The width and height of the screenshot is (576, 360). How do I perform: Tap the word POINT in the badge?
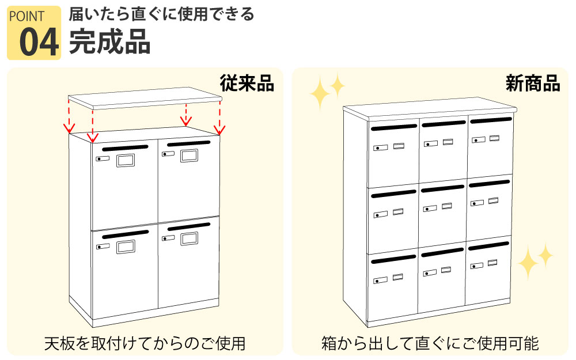click(27, 17)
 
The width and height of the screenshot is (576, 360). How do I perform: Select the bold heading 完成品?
click(110, 41)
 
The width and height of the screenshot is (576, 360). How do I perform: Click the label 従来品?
click(247, 84)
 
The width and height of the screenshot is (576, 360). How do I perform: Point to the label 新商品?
click(533, 84)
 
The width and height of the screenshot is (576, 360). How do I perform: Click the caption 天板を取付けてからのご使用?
click(145, 343)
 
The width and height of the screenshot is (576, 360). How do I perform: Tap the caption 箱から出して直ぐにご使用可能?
click(430, 343)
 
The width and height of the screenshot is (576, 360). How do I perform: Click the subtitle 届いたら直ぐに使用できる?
click(162, 14)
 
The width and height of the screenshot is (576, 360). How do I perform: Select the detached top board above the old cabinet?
click(145, 98)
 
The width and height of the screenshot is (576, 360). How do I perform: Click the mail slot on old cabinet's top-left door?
click(125, 148)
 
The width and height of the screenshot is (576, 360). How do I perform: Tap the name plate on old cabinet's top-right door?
click(189, 156)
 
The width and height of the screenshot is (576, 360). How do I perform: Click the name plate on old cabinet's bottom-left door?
click(126, 247)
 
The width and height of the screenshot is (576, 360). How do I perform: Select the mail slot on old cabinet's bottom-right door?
click(189, 226)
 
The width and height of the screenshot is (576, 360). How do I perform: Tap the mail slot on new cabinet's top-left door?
click(394, 127)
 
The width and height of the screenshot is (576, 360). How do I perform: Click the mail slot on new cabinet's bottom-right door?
click(488, 246)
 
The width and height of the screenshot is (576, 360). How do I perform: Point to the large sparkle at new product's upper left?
click(320, 93)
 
